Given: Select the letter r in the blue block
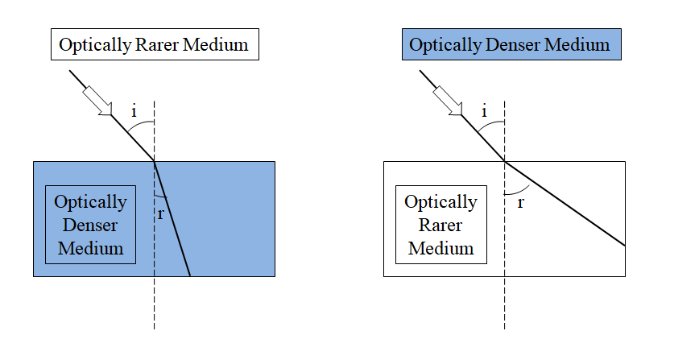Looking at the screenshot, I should pos(161,213).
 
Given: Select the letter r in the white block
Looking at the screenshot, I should pos(520,202).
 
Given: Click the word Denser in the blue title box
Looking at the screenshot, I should pos(521,44).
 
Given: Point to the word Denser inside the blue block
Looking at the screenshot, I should pos(90,225).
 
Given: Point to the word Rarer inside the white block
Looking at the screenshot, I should pos(440,225).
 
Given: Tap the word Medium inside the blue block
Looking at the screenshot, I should pos(90,247).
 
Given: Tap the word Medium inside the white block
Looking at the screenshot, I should pos(440,247).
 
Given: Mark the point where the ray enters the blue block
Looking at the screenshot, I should pos(155,161).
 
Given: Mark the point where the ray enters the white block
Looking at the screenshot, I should pos(505,161).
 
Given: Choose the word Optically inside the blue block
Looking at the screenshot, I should pos(90,201).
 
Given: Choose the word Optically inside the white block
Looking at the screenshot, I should pos(440,201).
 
